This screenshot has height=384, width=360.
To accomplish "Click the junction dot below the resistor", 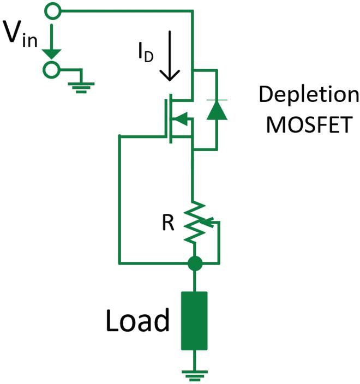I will click(x=194, y=264).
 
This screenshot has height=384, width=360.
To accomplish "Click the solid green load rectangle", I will click(x=194, y=321).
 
